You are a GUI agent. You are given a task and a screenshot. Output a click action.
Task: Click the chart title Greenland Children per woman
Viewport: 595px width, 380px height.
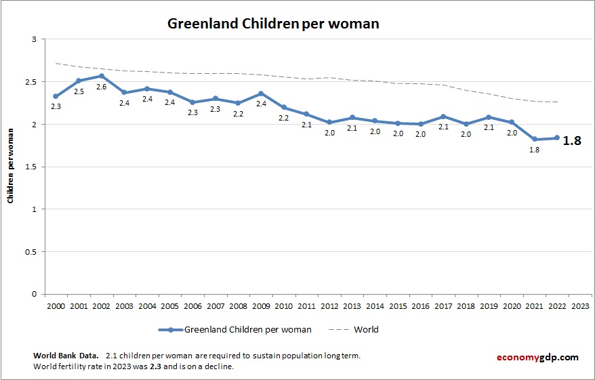pos(273,24)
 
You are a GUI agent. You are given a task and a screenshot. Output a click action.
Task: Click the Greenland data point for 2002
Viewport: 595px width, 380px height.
pos(101,76)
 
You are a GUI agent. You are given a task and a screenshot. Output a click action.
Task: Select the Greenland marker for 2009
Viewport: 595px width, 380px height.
pos(261,93)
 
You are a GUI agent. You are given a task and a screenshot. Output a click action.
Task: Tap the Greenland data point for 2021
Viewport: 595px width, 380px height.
pos(535,139)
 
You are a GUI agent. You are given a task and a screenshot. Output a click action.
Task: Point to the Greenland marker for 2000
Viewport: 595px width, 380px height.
pos(56,96)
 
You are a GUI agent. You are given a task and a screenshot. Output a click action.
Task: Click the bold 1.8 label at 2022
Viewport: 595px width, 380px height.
pos(572,142)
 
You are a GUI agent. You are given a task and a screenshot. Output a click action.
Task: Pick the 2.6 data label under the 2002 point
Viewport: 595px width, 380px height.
pos(101,87)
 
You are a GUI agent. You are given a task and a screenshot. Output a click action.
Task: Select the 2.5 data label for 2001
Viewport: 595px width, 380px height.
pos(79,91)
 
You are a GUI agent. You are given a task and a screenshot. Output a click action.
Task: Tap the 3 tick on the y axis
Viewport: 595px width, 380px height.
pos(34,40)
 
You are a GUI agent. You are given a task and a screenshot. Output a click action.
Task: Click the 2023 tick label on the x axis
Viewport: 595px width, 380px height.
pos(580,305)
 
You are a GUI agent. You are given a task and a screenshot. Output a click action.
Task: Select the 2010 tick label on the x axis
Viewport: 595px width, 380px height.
pos(283,305)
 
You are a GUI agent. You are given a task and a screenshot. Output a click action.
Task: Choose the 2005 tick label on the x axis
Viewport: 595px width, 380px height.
pos(169,305)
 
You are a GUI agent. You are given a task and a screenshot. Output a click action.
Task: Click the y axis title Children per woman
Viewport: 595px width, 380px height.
pos(11,167)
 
